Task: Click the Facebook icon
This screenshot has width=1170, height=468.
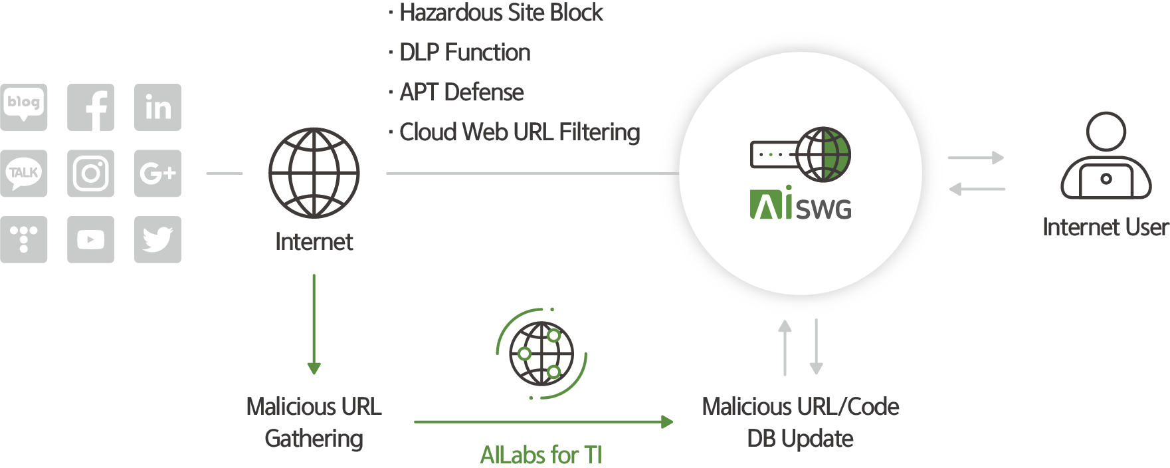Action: click(x=90, y=107)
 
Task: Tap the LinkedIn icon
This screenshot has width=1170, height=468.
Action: click(x=157, y=107)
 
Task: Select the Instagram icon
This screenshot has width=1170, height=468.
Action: click(x=90, y=174)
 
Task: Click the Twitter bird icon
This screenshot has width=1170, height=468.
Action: click(x=157, y=239)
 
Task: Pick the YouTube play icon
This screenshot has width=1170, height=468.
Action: click(x=90, y=239)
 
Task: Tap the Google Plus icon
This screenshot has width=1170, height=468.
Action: click(x=157, y=174)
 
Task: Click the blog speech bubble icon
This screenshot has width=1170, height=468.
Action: click(x=24, y=105)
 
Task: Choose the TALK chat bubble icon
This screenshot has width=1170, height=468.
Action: click(x=24, y=173)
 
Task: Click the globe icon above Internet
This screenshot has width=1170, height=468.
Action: click(x=314, y=173)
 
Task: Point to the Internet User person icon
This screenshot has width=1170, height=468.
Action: click(x=1106, y=157)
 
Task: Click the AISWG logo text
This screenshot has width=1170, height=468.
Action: click(x=801, y=205)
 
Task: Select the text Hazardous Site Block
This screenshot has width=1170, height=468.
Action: click(x=501, y=13)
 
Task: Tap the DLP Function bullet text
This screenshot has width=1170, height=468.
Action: click(x=464, y=53)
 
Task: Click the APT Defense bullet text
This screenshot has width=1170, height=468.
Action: click(x=461, y=92)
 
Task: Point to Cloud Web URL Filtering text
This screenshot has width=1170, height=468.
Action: click(x=519, y=132)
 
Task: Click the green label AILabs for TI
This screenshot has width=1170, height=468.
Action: click(x=541, y=455)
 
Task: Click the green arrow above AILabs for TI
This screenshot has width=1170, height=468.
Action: click(x=543, y=421)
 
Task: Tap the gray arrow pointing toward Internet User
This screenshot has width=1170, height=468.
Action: click(x=975, y=158)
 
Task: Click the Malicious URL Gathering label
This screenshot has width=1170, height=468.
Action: click(x=314, y=422)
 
